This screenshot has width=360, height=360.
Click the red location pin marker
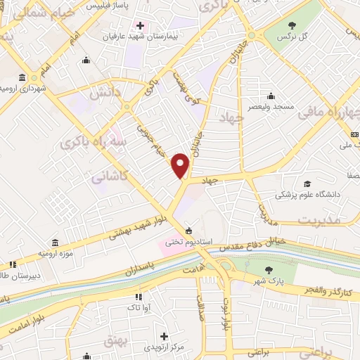coord(181,166)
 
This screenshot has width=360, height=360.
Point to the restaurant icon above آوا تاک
coord(138,297)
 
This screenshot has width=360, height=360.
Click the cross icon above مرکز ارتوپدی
coord(164,337)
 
